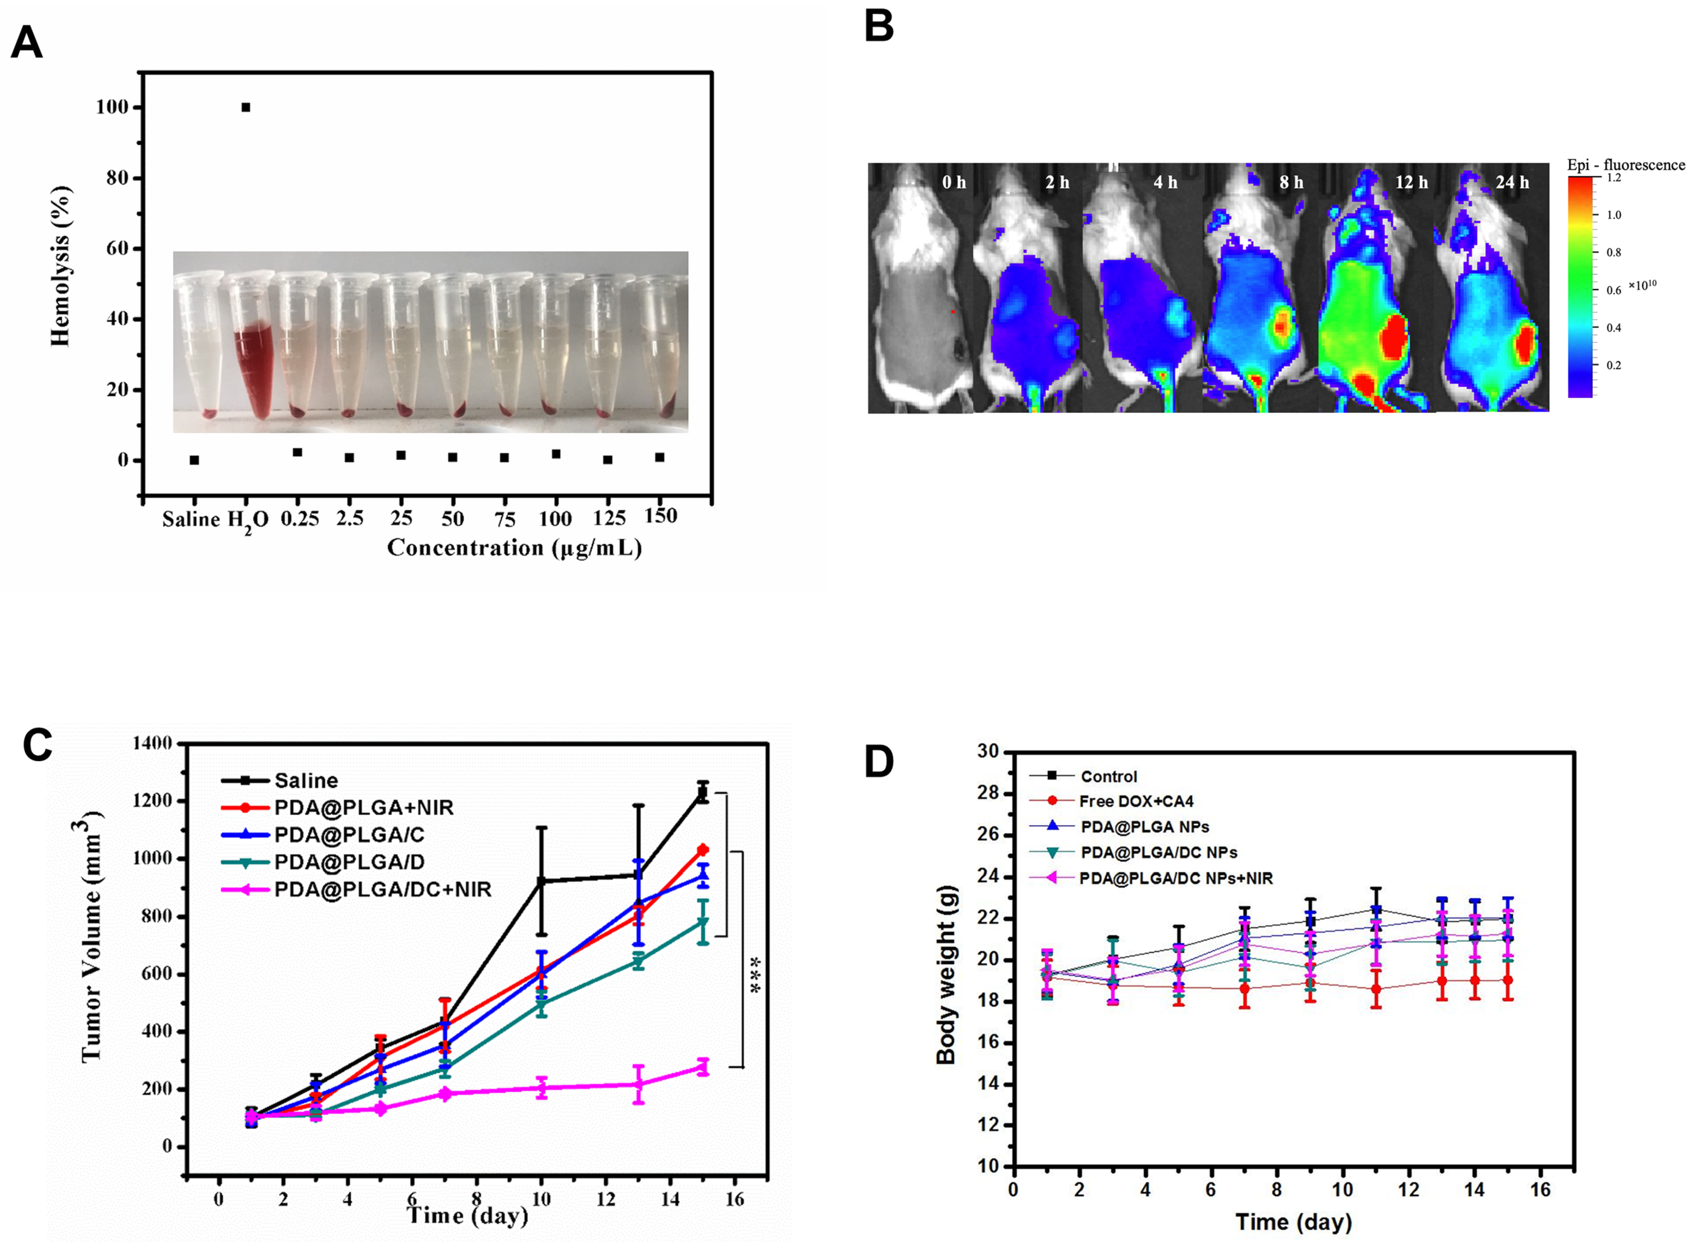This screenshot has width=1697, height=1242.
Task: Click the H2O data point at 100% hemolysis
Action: pos(246,108)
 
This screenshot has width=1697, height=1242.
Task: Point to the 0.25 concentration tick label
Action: pos(299,519)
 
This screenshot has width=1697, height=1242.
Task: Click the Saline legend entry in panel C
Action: pos(305,781)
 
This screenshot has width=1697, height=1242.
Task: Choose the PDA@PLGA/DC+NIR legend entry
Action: pos(382,889)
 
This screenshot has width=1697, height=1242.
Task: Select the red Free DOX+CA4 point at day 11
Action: pos(1376,988)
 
